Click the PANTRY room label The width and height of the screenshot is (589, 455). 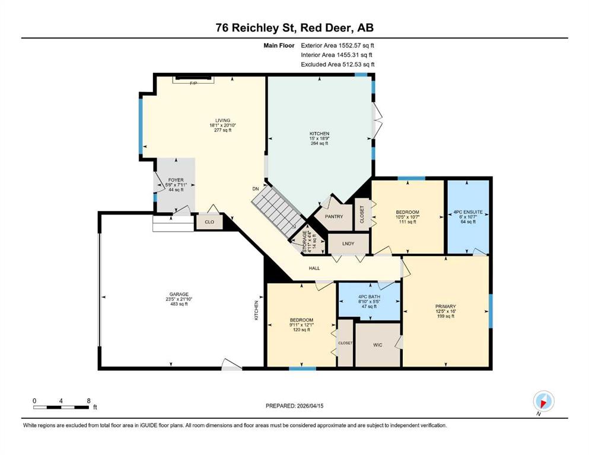click(x=334, y=216)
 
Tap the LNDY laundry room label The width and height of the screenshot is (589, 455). click(x=348, y=244)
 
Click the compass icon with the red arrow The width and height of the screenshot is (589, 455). click(x=543, y=401)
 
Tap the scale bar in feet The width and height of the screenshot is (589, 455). click(x=61, y=407)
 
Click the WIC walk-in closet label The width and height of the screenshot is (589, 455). click(x=377, y=345)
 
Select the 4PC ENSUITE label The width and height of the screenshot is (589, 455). click(x=468, y=212)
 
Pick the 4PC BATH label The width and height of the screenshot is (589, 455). click(x=370, y=297)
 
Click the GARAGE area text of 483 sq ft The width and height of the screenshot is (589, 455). click(x=179, y=304)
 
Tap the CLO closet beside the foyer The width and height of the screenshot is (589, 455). click(x=209, y=222)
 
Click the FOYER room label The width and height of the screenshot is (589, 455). click(x=176, y=180)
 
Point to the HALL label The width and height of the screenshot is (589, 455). click(x=314, y=268)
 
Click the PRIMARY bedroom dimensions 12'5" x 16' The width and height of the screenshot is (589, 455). click(x=446, y=312)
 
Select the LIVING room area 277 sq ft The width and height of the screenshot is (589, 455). click(x=222, y=130)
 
